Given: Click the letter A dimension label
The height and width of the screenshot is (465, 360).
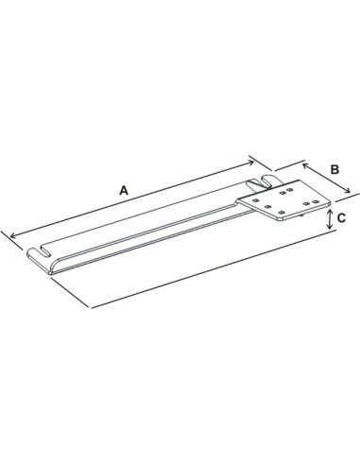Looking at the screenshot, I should point(124,189).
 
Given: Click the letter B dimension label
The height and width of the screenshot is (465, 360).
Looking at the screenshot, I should point(334,169).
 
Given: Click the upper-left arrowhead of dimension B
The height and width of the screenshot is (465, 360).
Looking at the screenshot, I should point(303,164).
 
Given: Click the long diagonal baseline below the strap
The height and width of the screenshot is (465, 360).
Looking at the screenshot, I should point(208,273).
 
